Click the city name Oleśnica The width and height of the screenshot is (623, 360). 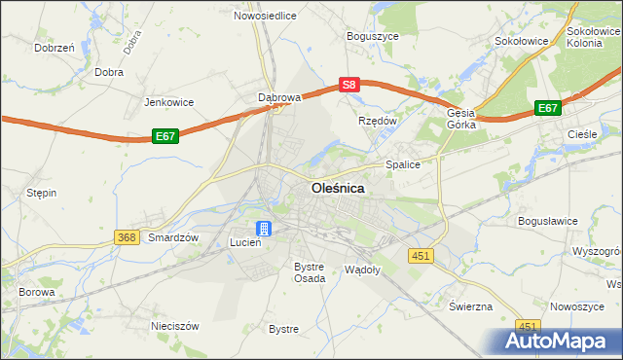(x=338, y=189)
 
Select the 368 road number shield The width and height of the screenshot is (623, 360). (x=126, y=237)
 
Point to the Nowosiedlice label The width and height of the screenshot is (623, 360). (x=263, y=16)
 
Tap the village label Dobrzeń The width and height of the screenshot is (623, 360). (x=55, y=47)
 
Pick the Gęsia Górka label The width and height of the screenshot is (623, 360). (x=460, y=119)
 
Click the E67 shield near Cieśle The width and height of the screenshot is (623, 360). (x=548, y=109)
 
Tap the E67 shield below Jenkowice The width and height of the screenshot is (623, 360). (x=165, y=137)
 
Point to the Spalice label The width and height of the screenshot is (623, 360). (x=403, y=164)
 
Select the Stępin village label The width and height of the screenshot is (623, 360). (x=41, y=193)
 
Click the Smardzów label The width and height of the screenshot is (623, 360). (x=173, y=237)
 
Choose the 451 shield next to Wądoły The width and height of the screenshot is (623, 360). (x=420, y=255)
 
